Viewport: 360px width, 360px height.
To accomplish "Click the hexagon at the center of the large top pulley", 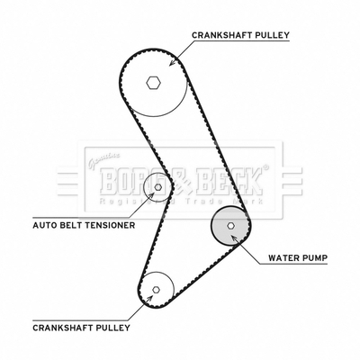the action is point(154,83).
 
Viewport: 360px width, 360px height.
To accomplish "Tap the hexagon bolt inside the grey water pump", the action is point(230,226).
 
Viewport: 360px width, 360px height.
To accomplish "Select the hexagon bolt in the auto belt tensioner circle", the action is point(158,187).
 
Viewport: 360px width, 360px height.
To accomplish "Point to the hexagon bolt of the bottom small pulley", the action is point(156,290).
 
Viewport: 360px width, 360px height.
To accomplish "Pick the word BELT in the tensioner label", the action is point(70,225).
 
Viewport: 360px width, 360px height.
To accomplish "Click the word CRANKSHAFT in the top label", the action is point(221,35).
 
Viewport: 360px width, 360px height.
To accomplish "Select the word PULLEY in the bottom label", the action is point(112,328).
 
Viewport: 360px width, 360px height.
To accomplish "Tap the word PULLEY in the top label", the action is point(272,35).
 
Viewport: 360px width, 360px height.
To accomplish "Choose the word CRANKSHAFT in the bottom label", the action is point(62,328).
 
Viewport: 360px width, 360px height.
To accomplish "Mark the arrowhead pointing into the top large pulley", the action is point(172,63).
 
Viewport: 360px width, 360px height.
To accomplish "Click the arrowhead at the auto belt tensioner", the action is point(151,194).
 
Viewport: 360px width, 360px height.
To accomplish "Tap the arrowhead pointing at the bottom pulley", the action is point(149,298).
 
